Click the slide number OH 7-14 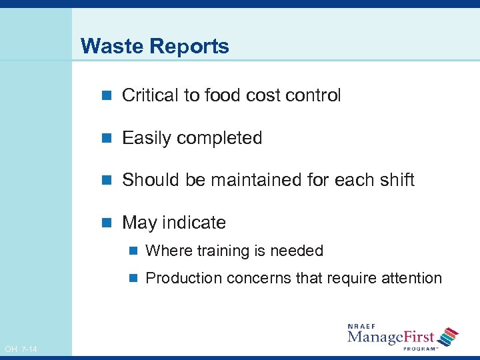tap(21, 349)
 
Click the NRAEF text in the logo tap(362, 327)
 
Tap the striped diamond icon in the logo tap(450, 337)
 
